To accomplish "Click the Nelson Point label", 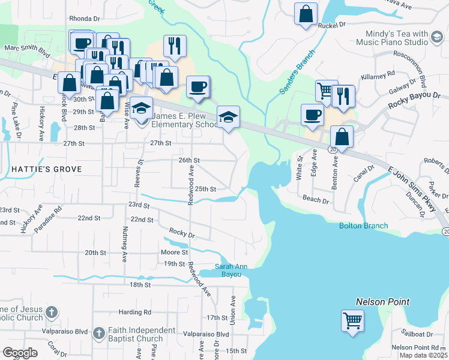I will point(382,302).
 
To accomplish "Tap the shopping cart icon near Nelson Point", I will point(352,320).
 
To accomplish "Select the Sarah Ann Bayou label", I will point(228,271).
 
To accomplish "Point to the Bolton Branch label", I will point(363,226).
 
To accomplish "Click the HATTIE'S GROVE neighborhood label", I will point(46,169).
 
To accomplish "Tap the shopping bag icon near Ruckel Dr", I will point(306,15).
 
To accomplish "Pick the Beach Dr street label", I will point(316,199).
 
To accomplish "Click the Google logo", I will point(20,353).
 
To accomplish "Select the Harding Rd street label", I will point(134,312).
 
